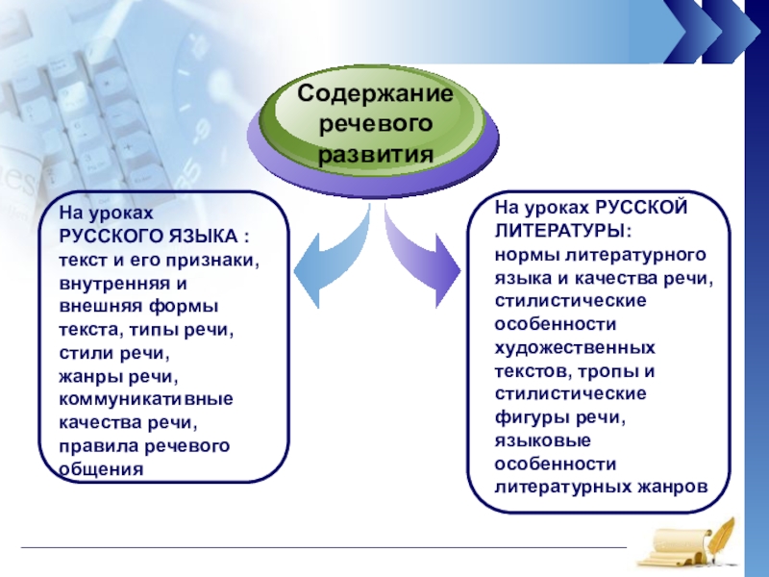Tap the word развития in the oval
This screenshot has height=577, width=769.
click(375, 153)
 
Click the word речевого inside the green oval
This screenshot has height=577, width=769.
click(374, 124)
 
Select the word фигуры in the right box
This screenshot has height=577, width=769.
click(527, 416)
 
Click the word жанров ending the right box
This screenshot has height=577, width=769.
click(673, 487)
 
